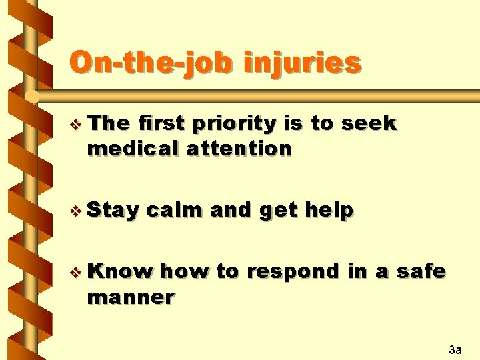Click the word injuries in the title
coord(303,63)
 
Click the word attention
coord(239,148)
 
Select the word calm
coord(175,210)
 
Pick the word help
coord(329,210)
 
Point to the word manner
coord(131,297)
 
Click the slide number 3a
coord(455,349)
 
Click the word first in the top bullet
coord(163,123)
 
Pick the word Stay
coord(113,211)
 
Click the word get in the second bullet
coord(278,211)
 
